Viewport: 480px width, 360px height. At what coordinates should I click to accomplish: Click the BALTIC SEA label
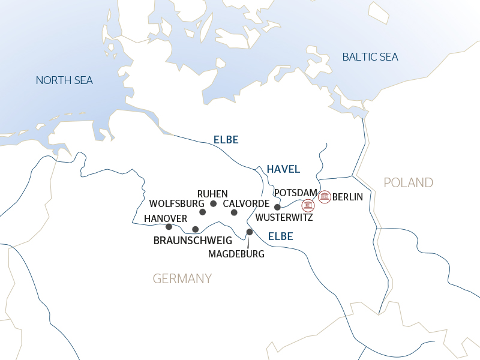(370, 57)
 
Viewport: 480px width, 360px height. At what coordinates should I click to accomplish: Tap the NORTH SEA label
(64, 80)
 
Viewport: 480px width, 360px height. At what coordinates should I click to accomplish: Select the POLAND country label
(408, 182)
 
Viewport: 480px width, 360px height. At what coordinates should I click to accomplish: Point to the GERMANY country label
(182, 278)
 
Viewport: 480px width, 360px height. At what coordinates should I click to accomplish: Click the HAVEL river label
(283, 169)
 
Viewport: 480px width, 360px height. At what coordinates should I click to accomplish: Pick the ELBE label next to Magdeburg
(280, 236)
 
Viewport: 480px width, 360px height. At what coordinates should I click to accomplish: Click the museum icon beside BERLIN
(325, 196)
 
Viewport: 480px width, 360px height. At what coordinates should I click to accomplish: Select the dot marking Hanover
(169, 227)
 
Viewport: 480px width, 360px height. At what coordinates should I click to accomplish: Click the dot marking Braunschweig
(195, 229)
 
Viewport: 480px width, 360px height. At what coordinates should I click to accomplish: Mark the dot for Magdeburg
(250, 232)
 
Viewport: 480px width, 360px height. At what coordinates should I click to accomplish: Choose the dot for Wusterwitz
(277, 207)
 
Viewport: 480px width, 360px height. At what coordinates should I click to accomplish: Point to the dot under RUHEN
(213, 203)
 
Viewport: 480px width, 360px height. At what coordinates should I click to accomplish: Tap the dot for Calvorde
(234, 212)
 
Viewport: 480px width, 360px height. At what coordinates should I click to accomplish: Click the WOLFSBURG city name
(173, 203)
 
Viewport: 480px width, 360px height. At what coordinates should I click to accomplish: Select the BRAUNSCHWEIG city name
(193, 241)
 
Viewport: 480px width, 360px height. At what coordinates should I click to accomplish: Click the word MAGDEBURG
(236, 254)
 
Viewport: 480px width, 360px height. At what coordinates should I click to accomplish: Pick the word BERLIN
(347, 197)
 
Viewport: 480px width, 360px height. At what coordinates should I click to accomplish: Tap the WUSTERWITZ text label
(284, 217)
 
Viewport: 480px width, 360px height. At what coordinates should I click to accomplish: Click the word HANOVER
(166, 218)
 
